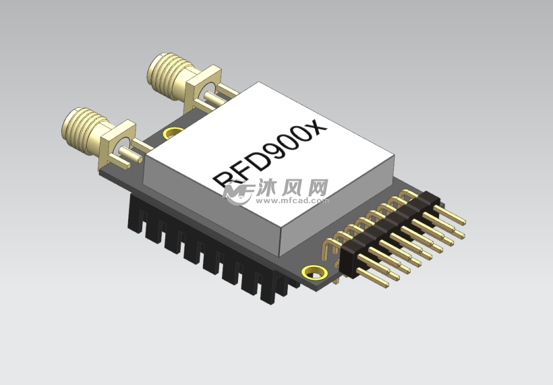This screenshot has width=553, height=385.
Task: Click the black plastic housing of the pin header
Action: pyautogui.click(x=388, y=229)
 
